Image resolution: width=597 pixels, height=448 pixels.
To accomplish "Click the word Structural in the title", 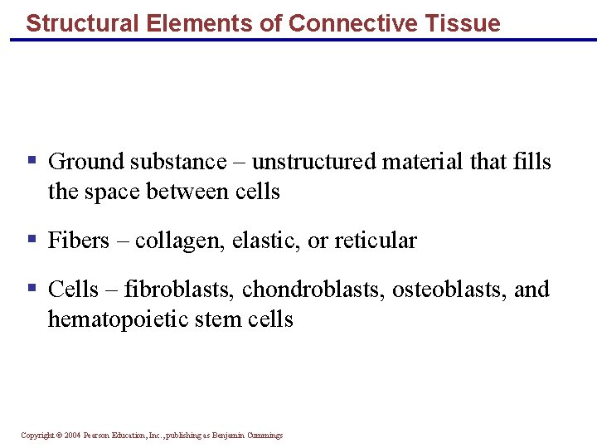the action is (73, 23).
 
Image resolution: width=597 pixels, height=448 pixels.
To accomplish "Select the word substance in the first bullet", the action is (180, 162).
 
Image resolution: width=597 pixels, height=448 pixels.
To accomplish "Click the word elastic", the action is (265, 241).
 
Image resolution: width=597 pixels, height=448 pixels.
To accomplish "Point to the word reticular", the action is (373, 241).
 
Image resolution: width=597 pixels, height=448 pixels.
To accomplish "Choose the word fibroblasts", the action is (178, 290).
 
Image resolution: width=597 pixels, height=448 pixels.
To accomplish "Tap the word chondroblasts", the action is (313, 290).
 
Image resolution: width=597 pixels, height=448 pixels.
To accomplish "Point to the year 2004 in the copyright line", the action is (71, 436).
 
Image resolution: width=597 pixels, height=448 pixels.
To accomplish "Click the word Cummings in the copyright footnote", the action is (263, 436).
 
